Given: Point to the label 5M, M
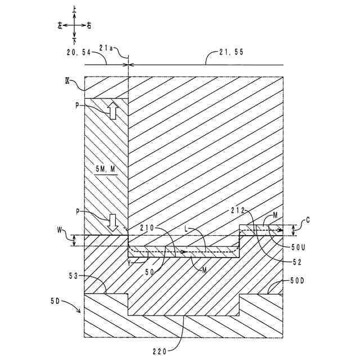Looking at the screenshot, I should [x=105, y=169].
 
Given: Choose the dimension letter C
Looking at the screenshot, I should [x=307, y=221].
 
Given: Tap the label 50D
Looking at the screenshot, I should [x=298, y=280].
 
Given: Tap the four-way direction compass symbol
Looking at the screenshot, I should [x=75, y=26].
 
